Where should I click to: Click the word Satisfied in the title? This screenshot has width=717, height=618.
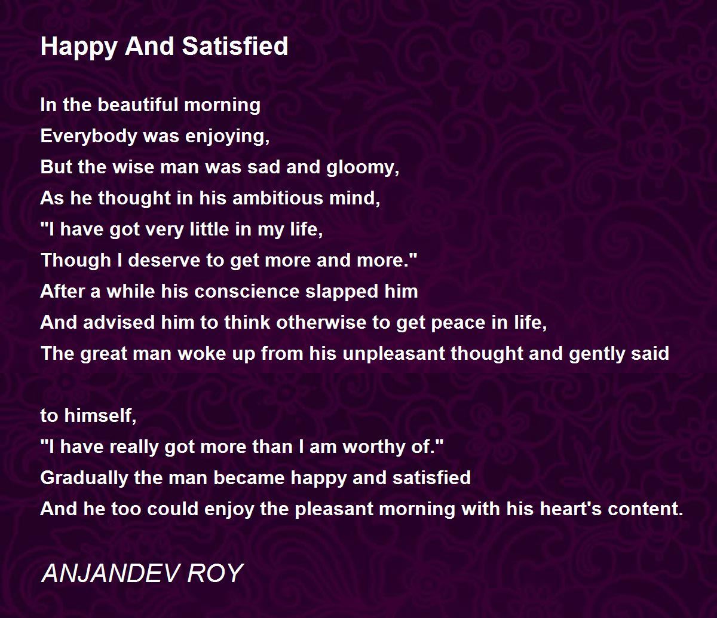(x=235, y=46)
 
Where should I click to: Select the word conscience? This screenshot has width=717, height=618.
(x=247, y=292)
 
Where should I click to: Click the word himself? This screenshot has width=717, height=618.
(x=100, y=415)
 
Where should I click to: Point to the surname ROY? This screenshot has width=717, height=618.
(x=215, y=573)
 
